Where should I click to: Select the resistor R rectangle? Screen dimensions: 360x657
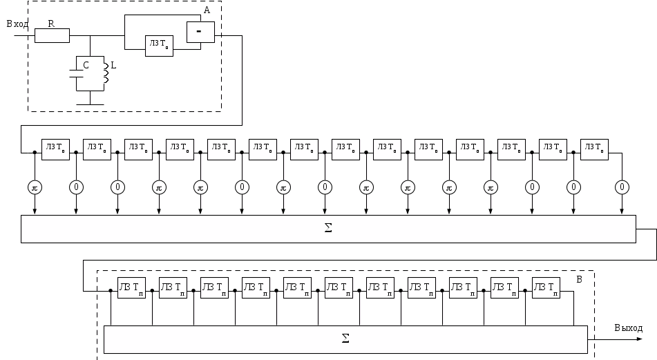coord(52,35)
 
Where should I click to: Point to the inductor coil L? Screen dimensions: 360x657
coord(106,74)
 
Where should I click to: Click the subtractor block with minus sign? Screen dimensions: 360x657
coord(200,32)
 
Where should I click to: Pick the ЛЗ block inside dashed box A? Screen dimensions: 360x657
coord(159,46)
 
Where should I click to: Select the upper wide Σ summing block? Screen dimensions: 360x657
coord(328,228)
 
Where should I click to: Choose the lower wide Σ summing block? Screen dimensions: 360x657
coord(345,339)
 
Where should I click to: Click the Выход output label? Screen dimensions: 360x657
coord(628,328)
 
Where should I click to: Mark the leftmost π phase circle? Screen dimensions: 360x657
coord(35,187)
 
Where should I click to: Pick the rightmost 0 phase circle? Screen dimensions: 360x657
coord(622,187)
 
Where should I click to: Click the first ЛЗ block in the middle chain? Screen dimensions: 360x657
coord(55,149)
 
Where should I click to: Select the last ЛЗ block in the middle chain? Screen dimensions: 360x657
coord(594,149)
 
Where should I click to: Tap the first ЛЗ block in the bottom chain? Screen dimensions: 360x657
coord(131,287)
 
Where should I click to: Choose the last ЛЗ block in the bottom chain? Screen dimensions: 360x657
coord(546,287)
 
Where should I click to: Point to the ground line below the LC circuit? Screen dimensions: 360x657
coord(91,105)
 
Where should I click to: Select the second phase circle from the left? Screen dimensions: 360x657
coord(76,187)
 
